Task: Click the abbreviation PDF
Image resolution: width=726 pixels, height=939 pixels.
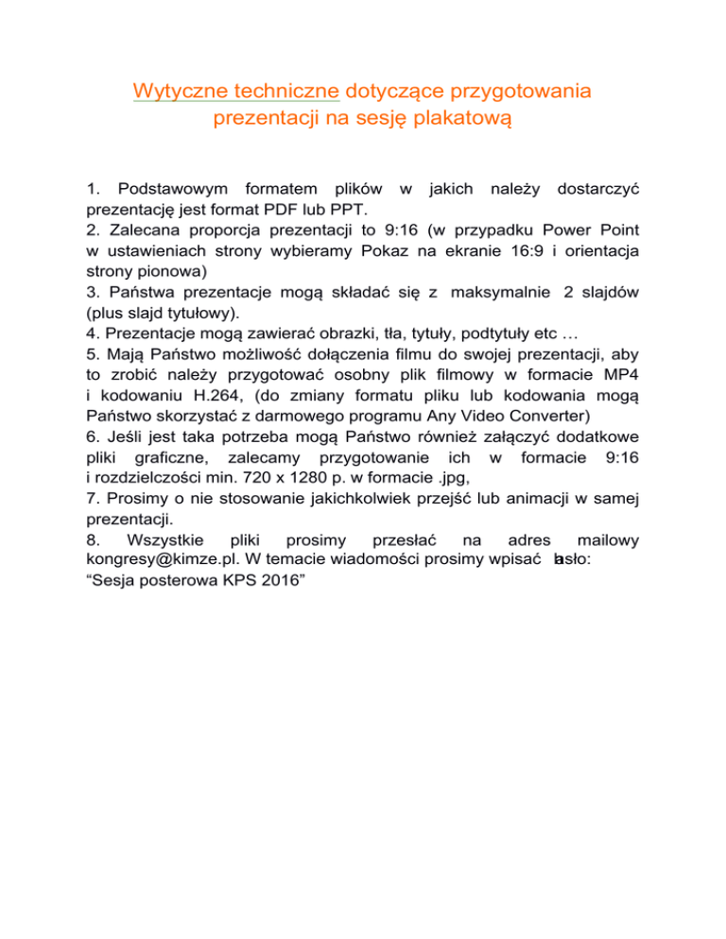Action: [x=285, y=208]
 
